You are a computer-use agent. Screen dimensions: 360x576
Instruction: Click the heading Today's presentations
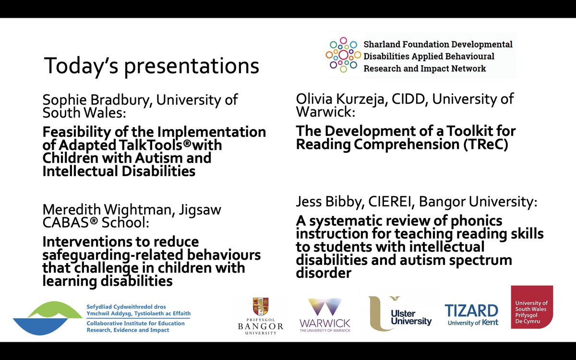tap(151, 66)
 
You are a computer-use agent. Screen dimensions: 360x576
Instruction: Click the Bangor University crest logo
tap(261, 314)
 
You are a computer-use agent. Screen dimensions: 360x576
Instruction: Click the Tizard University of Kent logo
tap(471, 314)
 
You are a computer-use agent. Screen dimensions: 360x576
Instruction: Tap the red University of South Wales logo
tap(531, 307)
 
